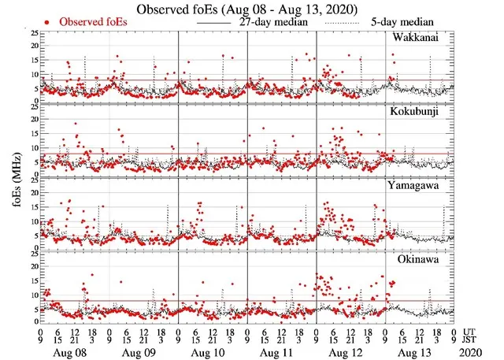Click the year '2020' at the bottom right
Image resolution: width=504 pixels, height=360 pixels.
475,351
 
